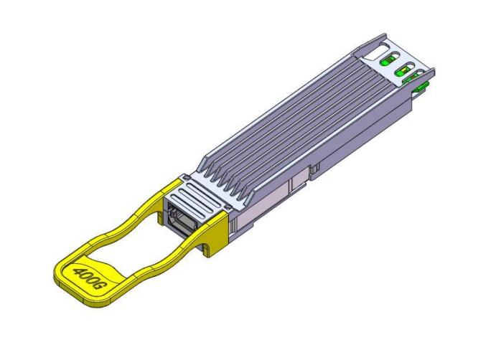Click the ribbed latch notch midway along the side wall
(314, 171)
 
